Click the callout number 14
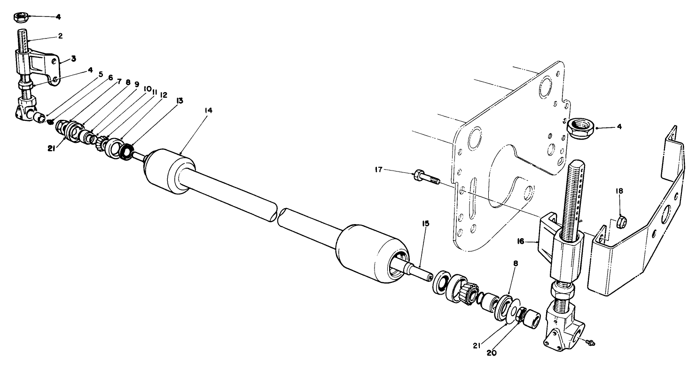[208, 110]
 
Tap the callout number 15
[425, 224]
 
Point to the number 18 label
[619, 191]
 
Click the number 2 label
[60, 35]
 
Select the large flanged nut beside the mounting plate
[581, 126]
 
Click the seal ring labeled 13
[125, 151]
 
